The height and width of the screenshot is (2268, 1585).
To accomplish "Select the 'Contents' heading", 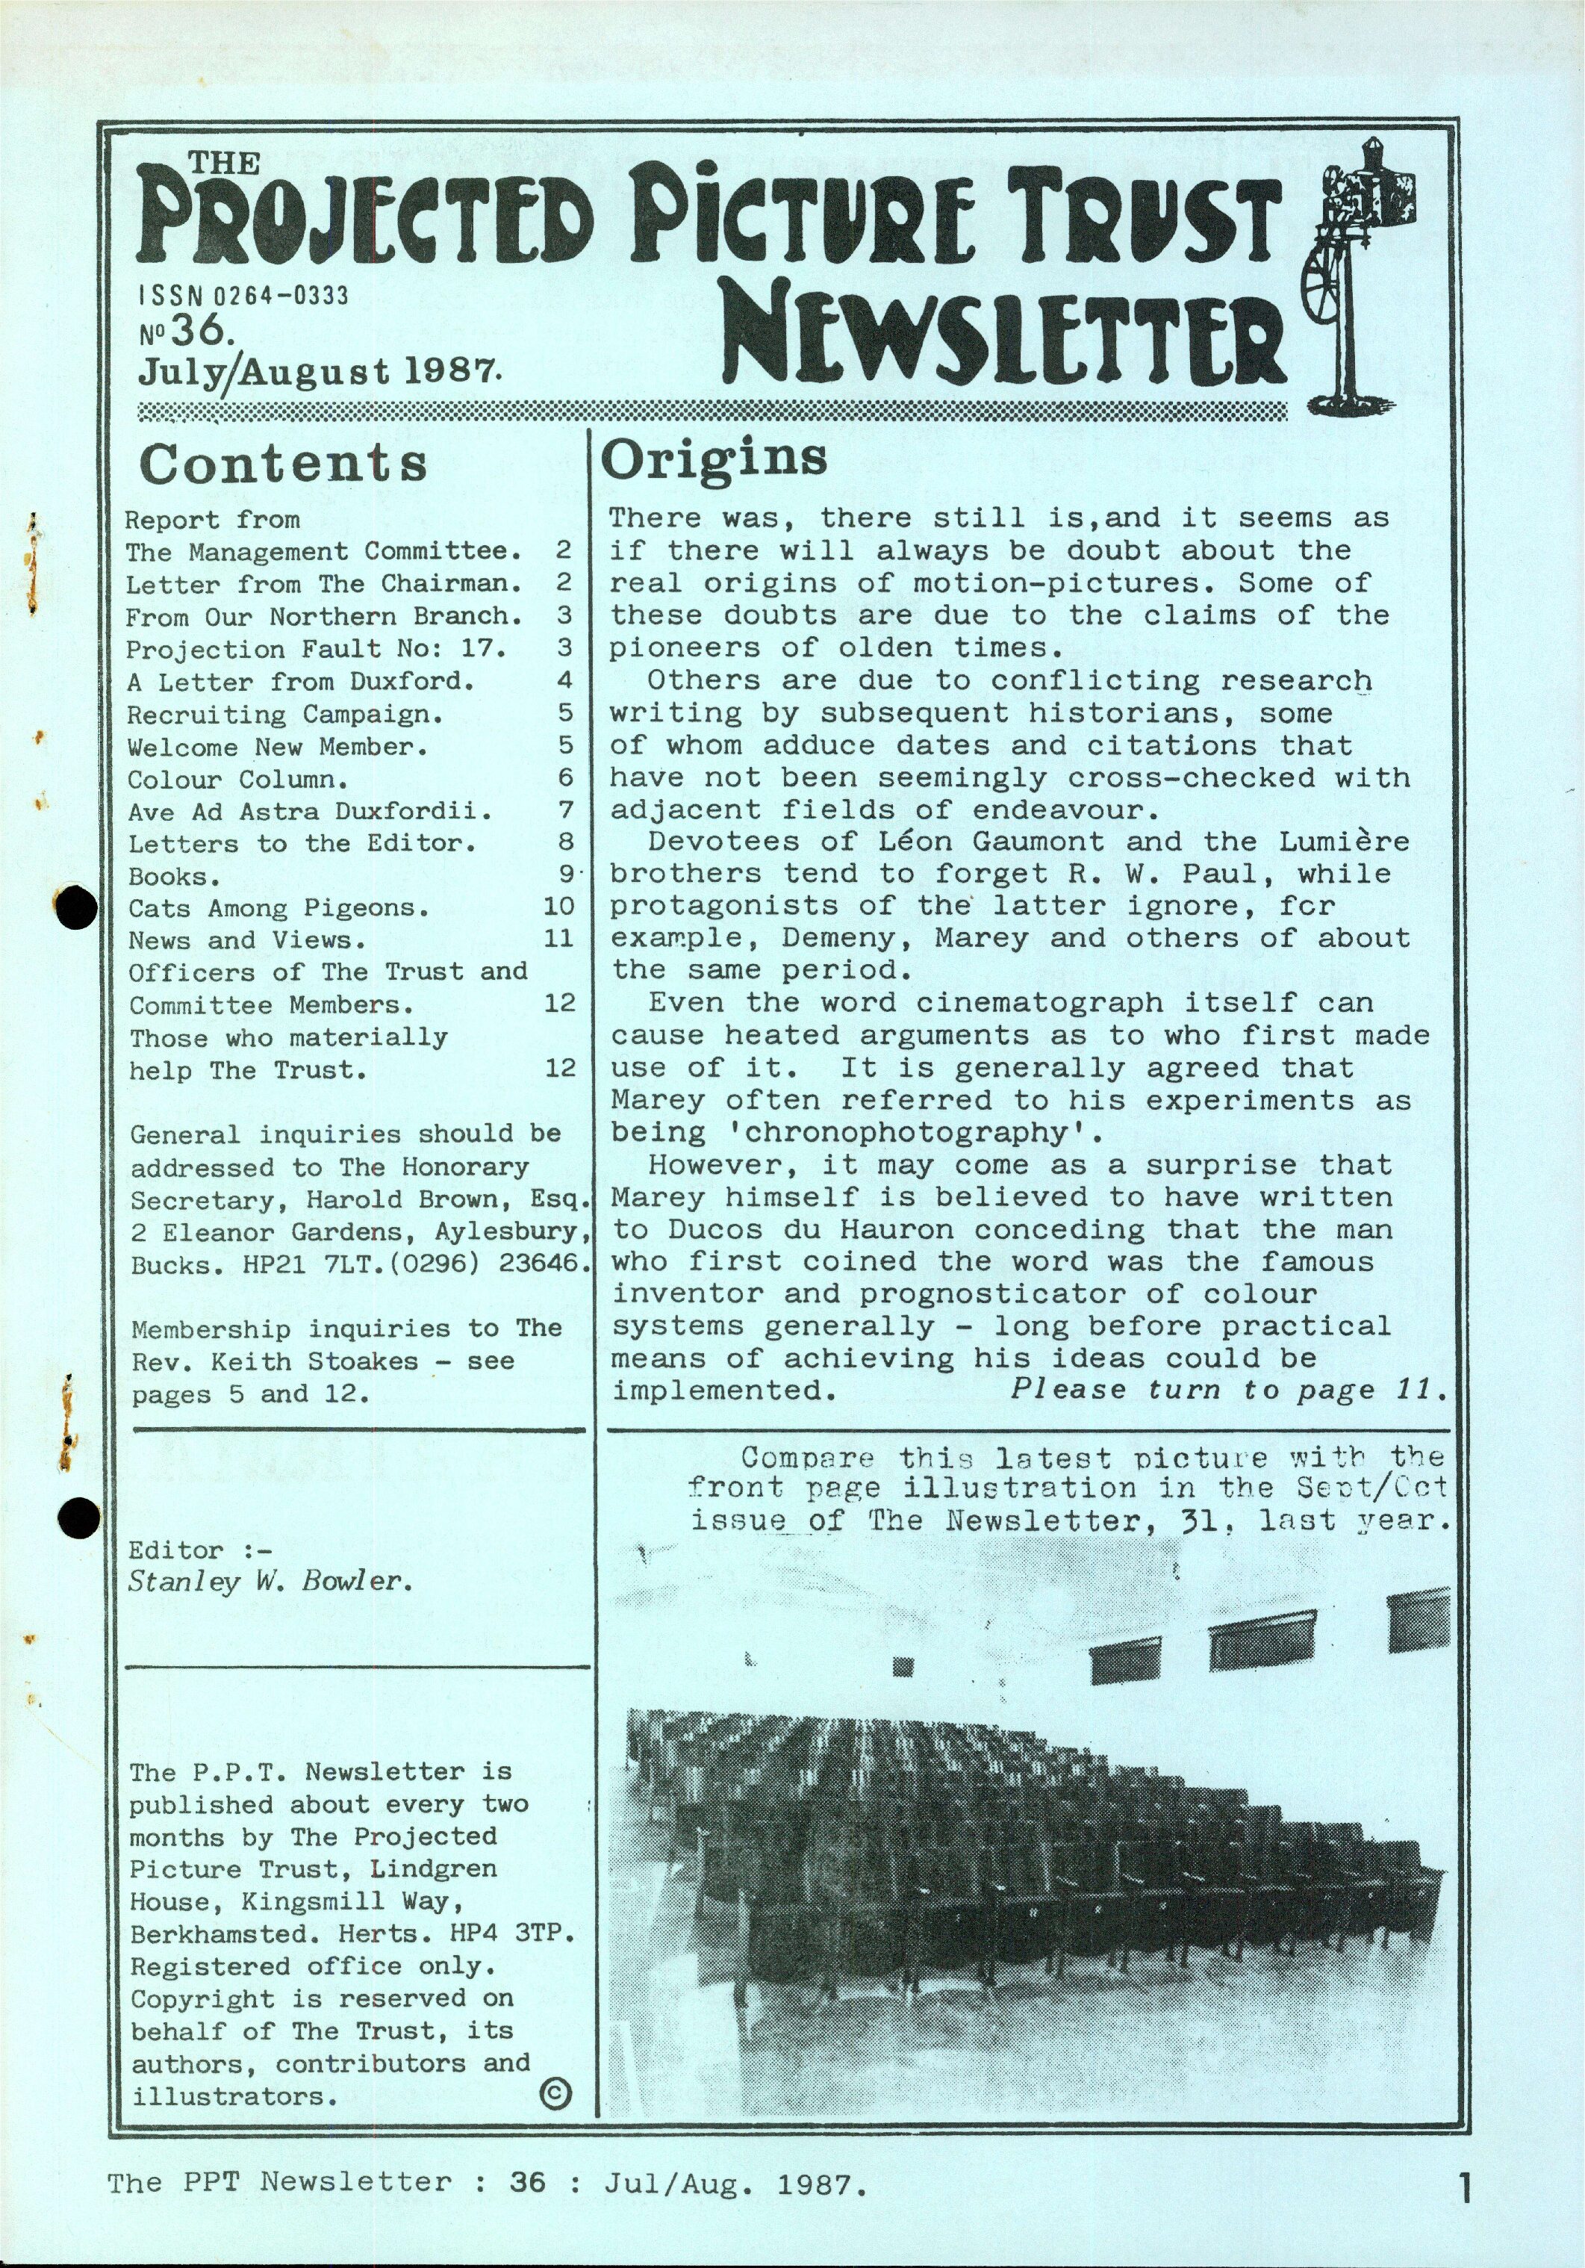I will tap(284, 463).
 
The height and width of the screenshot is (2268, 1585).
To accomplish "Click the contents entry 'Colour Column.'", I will tap(238, 780).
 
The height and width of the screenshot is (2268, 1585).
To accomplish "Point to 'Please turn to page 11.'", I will tap(1228, 1390).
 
